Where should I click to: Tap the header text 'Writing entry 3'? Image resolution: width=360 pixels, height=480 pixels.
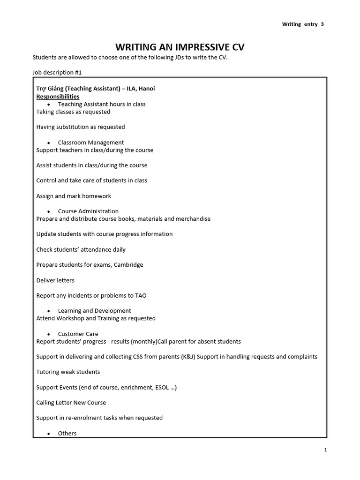(x=302, y=24)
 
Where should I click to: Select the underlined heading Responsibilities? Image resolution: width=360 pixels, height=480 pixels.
(x=58, y=97)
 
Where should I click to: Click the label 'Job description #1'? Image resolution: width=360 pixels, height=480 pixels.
(x=57, y=73)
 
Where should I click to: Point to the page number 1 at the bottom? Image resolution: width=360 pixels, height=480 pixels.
(x=325, y=450)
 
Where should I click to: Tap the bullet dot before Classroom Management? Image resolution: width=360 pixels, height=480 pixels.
(x=49, y=142)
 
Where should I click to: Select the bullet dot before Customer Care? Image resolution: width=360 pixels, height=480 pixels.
(x=49, y=334)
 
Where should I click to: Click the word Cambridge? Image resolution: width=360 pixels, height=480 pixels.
(x=128, y=265)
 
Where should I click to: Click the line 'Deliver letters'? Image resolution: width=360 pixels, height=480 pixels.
(x=55, y=280)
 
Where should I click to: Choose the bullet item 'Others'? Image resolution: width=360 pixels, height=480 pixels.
(x=67, y=434)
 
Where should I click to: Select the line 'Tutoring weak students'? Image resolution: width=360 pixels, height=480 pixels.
(x=68, y=372)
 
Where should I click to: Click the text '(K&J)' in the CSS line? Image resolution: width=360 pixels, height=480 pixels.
(x=188, y=357)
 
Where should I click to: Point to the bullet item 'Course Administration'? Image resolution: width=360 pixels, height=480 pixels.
(x=88, y=211)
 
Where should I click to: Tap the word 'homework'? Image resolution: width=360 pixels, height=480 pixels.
(x=96, y=196)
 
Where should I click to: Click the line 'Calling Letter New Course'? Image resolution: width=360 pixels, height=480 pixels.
(x=71, y=403)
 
